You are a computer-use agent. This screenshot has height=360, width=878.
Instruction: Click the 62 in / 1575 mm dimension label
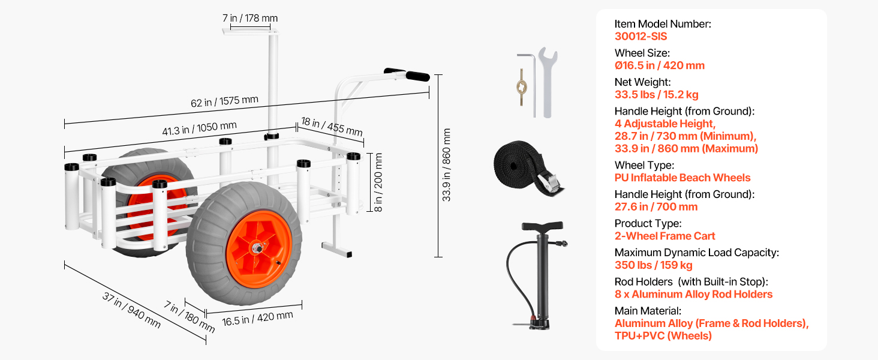[x=224, y=101]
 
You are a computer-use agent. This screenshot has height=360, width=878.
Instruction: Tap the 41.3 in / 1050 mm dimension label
[x=200, y=128]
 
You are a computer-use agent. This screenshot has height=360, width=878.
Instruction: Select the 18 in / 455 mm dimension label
[x=332, y=126]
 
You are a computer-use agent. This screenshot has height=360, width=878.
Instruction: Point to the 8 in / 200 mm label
[x=378, y=182]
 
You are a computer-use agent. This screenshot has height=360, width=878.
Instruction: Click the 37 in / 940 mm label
[x=132, y=310]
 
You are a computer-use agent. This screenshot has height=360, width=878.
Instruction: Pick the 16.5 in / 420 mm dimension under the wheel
[x=257, y=318]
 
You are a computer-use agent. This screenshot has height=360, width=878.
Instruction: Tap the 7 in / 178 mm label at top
[x=250, y=18]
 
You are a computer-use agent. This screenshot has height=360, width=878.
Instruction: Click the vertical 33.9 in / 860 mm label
[x=446, y=165]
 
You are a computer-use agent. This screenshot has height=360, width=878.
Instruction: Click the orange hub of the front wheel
[x=258, y=249]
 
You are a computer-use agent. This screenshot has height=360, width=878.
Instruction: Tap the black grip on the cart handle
[x=417, y=76]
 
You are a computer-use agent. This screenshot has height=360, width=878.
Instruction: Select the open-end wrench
[x=548, y=82]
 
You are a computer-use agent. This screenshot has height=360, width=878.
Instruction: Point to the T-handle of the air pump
[x=543, y=226]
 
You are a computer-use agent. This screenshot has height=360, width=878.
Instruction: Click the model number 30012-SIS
[x=641, y=37]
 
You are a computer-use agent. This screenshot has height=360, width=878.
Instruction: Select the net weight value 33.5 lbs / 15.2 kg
[x=657, y=95]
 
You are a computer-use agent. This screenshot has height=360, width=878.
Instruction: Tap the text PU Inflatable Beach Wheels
[x=682, y=178]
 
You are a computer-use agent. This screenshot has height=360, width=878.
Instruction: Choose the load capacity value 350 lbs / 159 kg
[x=654, y=265]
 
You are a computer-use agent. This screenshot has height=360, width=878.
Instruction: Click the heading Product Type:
[x=648, y=223]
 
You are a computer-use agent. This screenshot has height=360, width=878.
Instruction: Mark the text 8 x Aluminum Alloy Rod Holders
[x=693, y=294]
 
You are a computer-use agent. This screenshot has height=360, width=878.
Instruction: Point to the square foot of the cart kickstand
[x=336, y=250]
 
